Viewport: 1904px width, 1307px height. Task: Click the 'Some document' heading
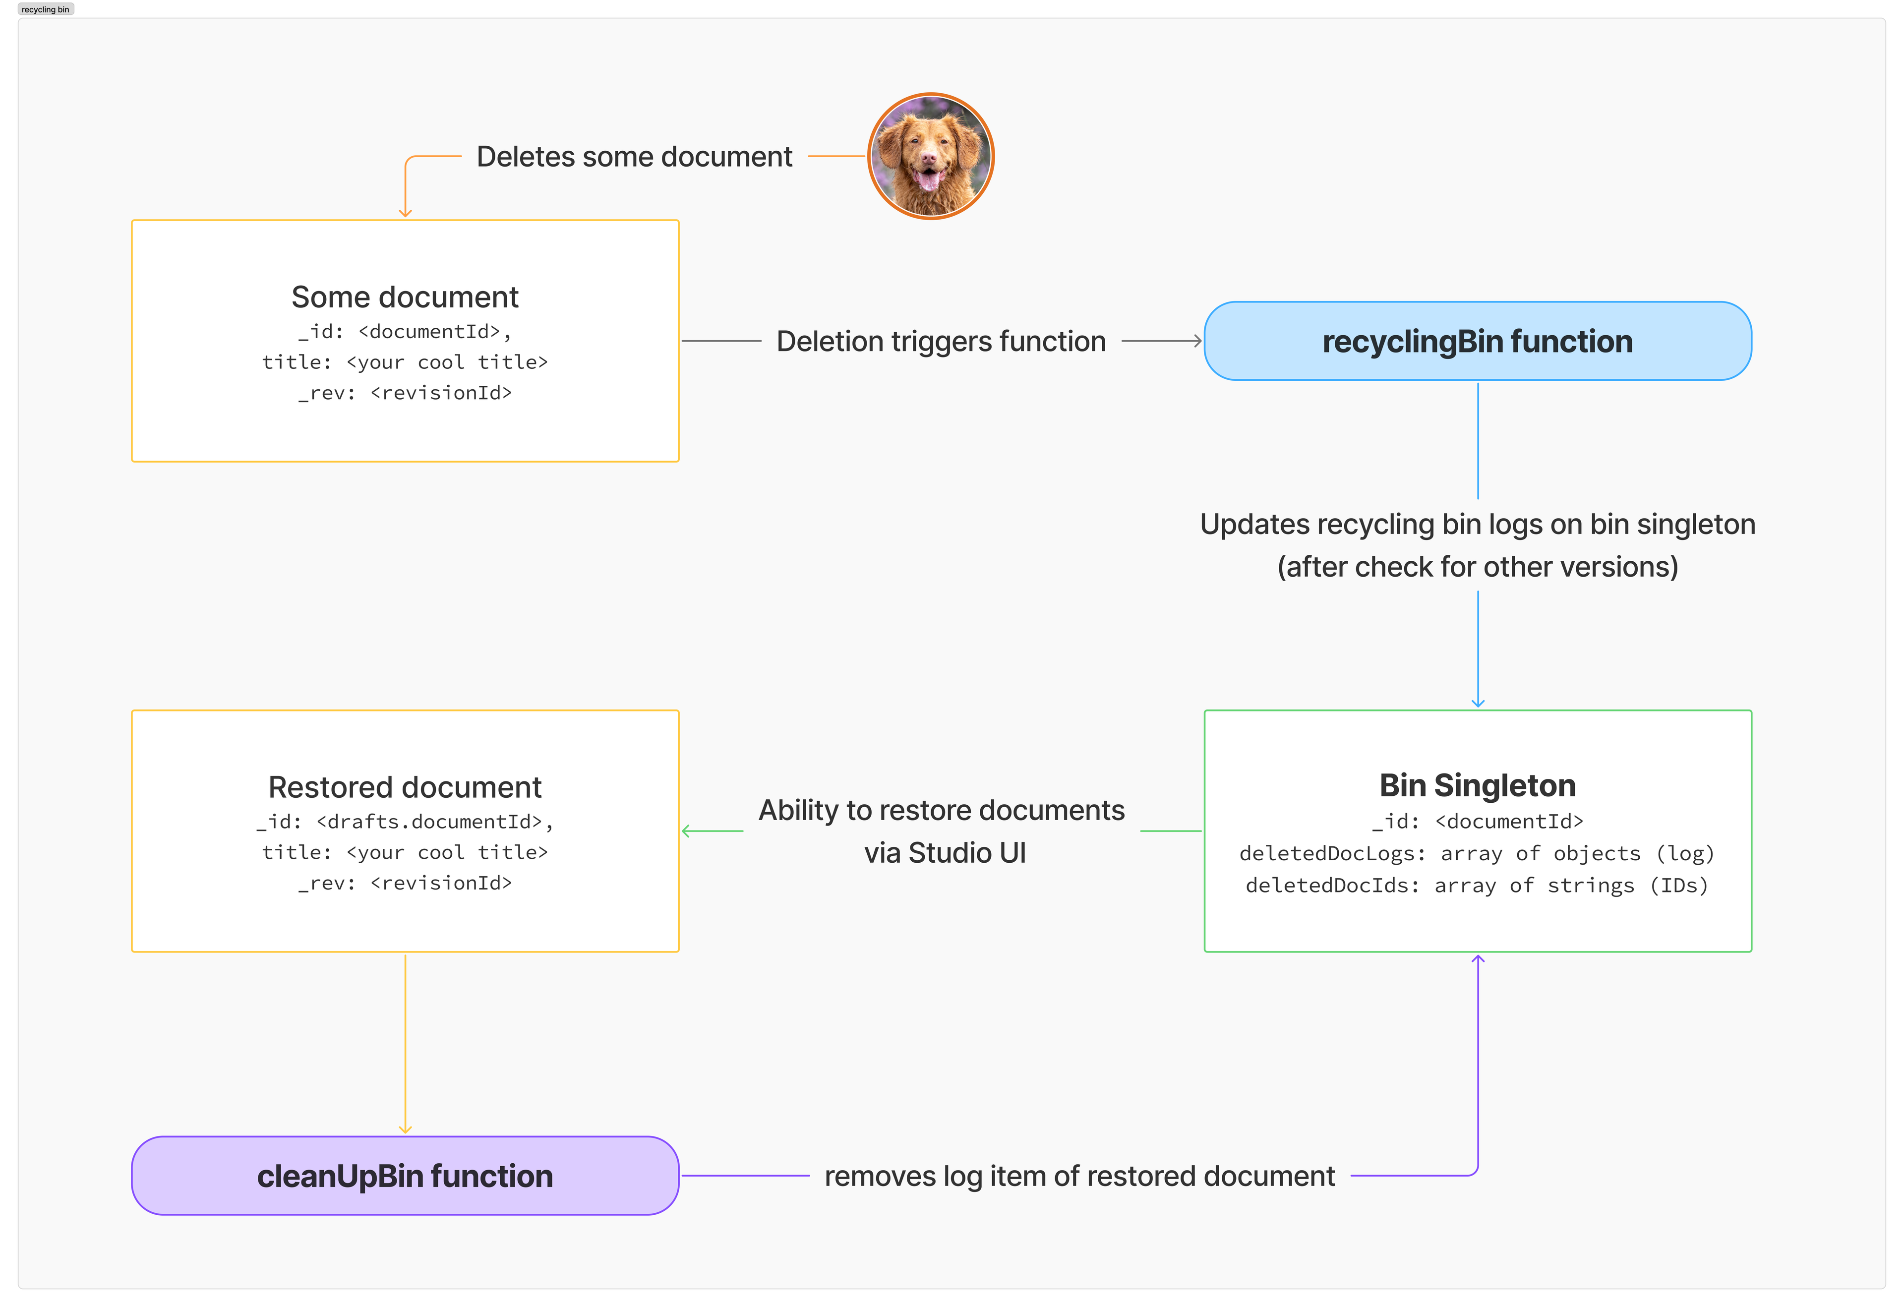click(x=405, y=297)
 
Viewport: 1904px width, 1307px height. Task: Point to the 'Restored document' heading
click(x=405, y=787)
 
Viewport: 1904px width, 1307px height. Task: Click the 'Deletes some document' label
click(x=634, y=157)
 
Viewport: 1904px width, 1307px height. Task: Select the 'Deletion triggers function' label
click(x=941, y=341)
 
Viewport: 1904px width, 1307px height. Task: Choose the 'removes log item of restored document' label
click(x=1079, y=1176)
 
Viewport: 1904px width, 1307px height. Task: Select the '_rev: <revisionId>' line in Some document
click(x=405, y=393)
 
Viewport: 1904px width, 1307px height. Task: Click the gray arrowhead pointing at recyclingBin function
click(x=1198, y=341)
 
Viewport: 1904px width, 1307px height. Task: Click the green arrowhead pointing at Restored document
click(x=687, y=831)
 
